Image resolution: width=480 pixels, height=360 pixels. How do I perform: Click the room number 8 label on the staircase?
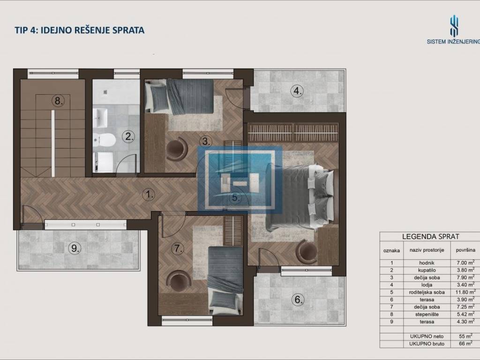tap(58, 100)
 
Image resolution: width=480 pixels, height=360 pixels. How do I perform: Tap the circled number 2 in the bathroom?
tap(128, 136)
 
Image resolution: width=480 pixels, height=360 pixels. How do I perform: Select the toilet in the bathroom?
tap(104, 140)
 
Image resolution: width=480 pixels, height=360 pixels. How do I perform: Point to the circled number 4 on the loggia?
tap(297, 91)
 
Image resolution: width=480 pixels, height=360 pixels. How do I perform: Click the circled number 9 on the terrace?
tap(75, 248)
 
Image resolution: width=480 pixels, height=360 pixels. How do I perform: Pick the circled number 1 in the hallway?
tap(149, 195)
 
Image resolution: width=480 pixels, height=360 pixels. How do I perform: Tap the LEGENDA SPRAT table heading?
tap(430, 237)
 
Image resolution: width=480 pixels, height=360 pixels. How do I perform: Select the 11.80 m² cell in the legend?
tap(465, 292)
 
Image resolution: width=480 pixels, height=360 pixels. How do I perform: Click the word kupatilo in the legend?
tap(427, 270)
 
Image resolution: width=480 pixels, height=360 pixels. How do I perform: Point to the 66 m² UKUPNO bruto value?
tap(465, 344)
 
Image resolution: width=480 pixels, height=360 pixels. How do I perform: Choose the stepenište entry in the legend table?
tap(427, 315)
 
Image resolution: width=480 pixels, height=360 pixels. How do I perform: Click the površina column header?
tap(465, 250)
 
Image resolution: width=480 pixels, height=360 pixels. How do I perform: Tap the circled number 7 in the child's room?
tap(178, 248)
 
